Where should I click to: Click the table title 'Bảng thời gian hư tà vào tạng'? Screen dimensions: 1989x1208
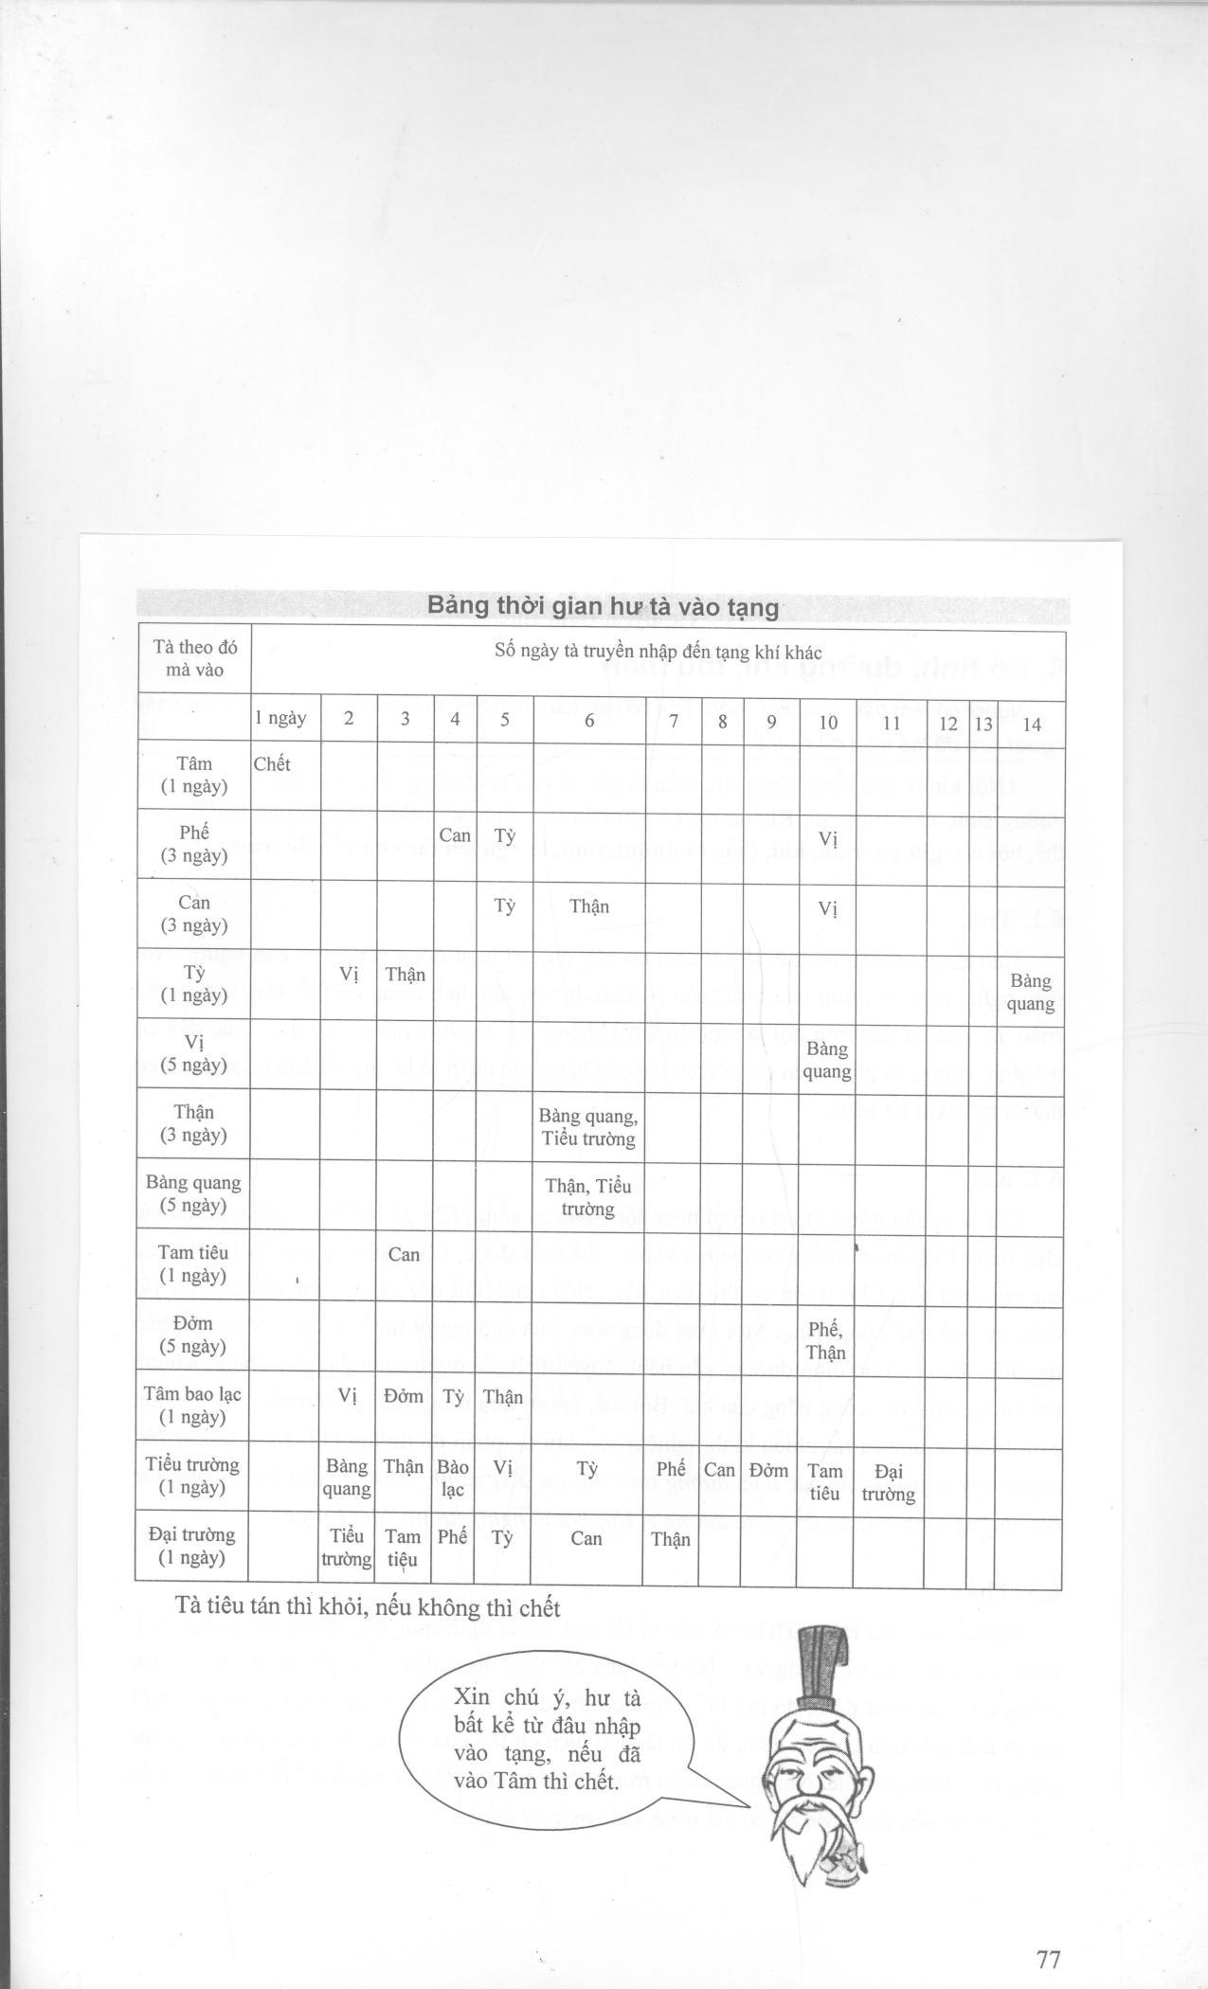point(603,606)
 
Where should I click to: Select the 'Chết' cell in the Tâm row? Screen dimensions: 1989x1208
point(272,764)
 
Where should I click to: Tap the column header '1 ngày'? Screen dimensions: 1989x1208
point(279,718)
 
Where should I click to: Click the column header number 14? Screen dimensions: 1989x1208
point(1031,725)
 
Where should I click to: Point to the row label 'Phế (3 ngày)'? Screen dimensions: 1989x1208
point(194,844)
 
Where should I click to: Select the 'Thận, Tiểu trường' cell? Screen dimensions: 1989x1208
point(588,1197)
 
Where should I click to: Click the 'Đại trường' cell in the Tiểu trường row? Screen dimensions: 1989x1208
point(888,1482)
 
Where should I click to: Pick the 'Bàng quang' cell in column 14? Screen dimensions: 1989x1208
point(1030,992)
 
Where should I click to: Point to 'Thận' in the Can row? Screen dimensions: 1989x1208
point(588,906)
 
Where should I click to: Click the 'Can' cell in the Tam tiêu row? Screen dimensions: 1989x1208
point(404,1254)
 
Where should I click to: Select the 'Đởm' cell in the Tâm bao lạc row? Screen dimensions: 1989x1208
point(404,1397)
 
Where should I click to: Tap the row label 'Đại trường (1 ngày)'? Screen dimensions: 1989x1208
point(191,1546)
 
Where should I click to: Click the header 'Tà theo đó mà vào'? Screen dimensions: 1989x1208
point(194,658)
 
